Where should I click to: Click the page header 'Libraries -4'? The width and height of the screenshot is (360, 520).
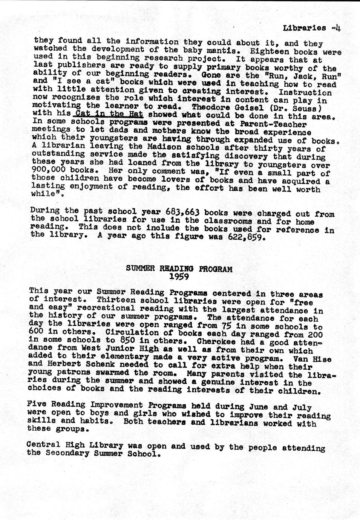point(311,28)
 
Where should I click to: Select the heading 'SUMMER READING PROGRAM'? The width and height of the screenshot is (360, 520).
point(179,269)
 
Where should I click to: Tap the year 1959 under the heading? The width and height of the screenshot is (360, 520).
point(179,277)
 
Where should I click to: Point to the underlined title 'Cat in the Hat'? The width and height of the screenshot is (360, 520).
point(109,113)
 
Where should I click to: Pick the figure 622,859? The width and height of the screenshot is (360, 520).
point(247,238)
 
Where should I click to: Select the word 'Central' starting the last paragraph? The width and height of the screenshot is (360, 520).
point(41,444)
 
